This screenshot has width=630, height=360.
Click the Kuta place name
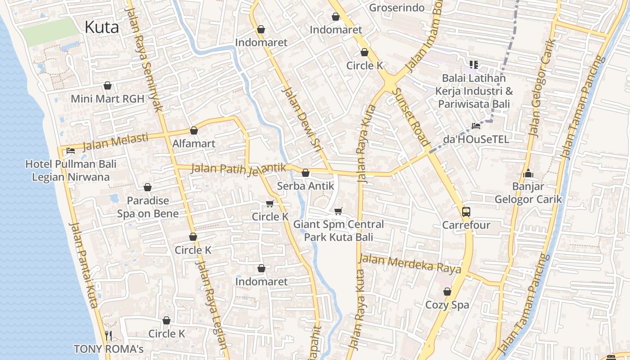(102, 27)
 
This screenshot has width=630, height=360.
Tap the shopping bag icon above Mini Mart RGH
(108, 85)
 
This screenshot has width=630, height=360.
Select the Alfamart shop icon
(194, 130)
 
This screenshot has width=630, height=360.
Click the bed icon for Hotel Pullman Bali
(70, 151)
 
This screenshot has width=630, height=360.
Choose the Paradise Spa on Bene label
(148, 207)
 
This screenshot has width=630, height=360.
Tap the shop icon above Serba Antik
(306, 173)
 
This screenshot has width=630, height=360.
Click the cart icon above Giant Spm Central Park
(338, 211)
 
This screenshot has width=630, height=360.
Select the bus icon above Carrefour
(466, 211)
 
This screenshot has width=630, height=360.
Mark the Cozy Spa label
(447, 305)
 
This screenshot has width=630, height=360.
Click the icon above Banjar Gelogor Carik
(528, 173)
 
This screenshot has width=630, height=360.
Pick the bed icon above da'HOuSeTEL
(476, 126)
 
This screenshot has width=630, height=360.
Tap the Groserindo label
(396, 8)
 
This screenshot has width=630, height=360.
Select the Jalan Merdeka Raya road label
(409, 264)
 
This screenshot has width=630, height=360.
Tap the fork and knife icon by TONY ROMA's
(108, 335)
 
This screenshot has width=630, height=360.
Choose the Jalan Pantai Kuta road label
(84, 265)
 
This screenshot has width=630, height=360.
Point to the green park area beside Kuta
(49, 31)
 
